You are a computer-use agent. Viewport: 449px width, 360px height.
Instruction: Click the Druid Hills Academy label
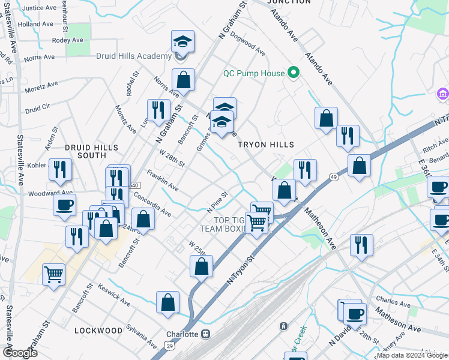pyautogui.click(x=134, y=56)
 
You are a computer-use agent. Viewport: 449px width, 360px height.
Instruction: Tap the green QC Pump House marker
pyautogui.click(x=294, y=73)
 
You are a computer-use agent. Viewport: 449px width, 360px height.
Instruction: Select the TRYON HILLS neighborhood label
pyautogui.click(x=266, y=145)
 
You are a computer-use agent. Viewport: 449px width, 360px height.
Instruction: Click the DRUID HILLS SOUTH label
pyautogui.click(x=91, y=151)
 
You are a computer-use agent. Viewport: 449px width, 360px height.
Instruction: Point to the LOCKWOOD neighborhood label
pyautogui.click(x=98, y=331)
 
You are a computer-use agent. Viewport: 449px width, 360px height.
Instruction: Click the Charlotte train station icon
pyautogui.click(x=206, y=334)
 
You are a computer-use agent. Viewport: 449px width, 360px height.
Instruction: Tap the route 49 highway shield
pyautogui.click(x=333, y=176)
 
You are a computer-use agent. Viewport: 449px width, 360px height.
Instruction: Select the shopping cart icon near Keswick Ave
pyautogui.click(x=53, y=275)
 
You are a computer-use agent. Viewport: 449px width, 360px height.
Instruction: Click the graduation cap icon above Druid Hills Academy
pyautogui.click(x=182, y=41)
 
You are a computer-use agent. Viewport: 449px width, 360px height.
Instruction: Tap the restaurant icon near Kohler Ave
pyautogui.click(x=61, y=169)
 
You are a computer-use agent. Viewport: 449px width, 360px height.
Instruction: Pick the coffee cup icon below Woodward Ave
pyautogui.click(x=64, y=205)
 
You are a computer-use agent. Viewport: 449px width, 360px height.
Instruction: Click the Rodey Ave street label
pyautogui.click(x=67, y=40)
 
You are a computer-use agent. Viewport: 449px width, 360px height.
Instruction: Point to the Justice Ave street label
pyautogui.click(x=38, y=8)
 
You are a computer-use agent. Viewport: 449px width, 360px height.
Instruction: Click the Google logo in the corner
pyautogui.click(x=19, y=353)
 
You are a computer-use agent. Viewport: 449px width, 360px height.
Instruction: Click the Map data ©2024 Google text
pyautogui.click(x=412, y=355)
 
